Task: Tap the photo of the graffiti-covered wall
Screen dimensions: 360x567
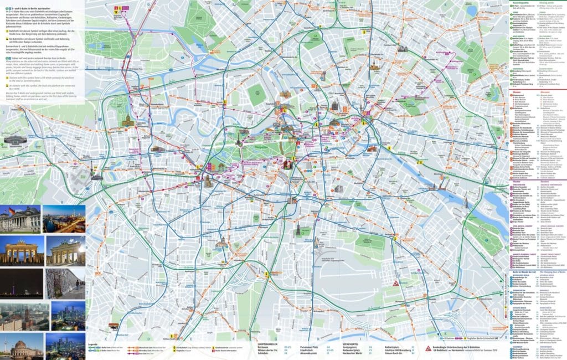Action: (x=65, y=283)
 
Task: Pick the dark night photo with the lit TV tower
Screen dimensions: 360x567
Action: (x=20, y=283)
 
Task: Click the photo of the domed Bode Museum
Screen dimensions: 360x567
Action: (x=20, y=346)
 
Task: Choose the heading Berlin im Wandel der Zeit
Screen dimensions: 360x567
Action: (x=521, y=271)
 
